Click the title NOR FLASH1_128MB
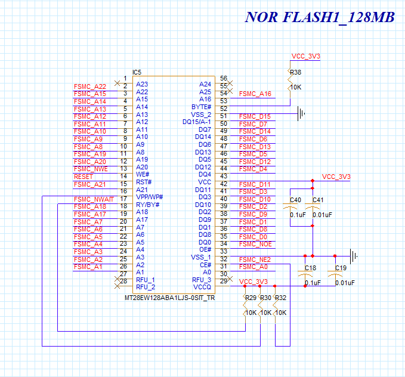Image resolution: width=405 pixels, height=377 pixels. pyautogui.click(x=320, y=17)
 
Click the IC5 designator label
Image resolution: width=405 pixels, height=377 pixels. pyautogui.click(x=137, y=72)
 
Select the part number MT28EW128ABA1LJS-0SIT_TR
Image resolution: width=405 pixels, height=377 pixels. pyautogui.click(x=170, y=298)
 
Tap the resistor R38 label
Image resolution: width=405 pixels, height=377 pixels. pyautogui.click(x=295, y=72)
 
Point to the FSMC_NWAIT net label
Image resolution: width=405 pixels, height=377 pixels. pyautogui.click(x=94, y=199)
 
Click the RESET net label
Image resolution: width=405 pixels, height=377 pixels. pyautogui.click(x=83, y=177)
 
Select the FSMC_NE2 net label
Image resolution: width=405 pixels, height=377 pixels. pyautogui.click(x=255, y=259)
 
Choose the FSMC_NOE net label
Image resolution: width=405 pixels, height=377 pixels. pyautogui.click(x=255, y=244)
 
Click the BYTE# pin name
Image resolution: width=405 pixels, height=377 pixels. pyautogui.click(x=201, y=107)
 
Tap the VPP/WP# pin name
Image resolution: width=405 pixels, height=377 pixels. pyautogui.click(x=150, y=197)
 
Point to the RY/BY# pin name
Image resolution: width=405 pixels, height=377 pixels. pyautogui.click(x=148, y=205)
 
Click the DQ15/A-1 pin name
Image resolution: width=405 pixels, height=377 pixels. pyautogui.click(x=197, y=122)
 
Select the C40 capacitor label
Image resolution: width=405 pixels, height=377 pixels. pyautogui.click(x=295, y=200)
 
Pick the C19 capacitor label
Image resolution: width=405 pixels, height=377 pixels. pyautogui.click(x=341, y=268)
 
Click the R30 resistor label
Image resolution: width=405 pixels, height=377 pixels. pyautogui.click(x=265, y=298)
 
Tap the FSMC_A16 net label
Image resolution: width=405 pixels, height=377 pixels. pyautogui.click(x=255, y=94)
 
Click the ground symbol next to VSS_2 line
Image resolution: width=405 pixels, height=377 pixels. pyautogui.click(x=301, y=113)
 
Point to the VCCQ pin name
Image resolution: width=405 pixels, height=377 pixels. pyautogui.click(x=202, y=287)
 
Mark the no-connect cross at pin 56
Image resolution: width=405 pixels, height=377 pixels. pyautogui.click(x=230, y=83)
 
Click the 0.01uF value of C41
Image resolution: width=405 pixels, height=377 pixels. pyautogui.click(x=322, y=215)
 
